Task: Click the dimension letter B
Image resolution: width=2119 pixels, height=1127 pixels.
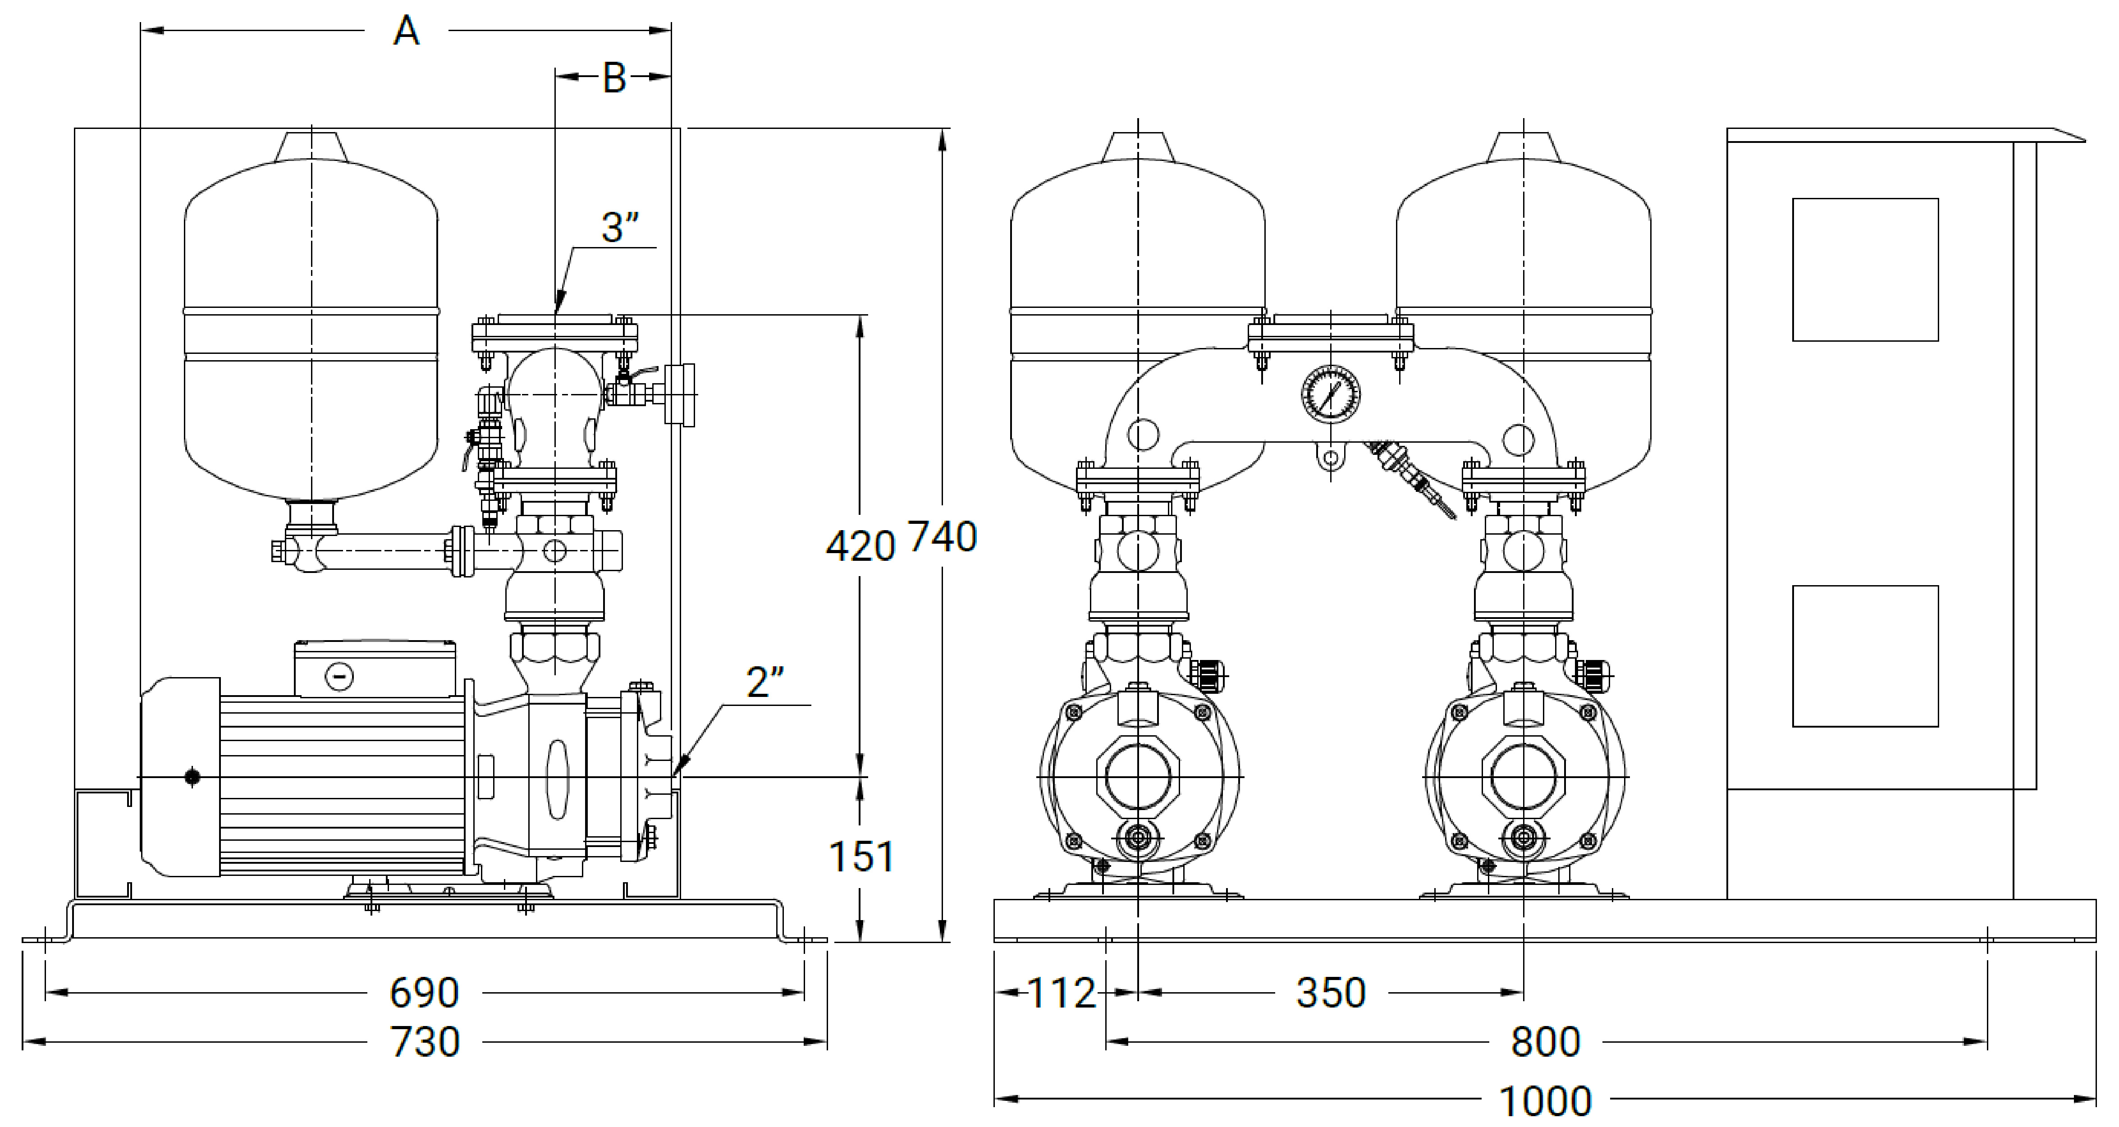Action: [614, 78]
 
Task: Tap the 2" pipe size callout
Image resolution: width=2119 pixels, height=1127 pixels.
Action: [765, 682]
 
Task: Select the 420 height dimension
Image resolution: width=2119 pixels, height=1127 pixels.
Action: [860, 546]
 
